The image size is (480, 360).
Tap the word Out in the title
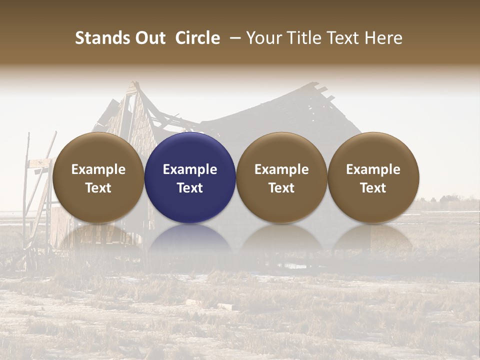pos(150,38)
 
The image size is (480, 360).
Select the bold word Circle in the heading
pos(197,38)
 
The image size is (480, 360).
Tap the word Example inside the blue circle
pos(190,169)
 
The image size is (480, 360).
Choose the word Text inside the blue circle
pos(190,188)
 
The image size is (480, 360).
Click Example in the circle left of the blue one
pos(98,169)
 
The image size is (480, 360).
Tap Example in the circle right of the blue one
pos(281,169)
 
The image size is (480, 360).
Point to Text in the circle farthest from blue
pos(373,188)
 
